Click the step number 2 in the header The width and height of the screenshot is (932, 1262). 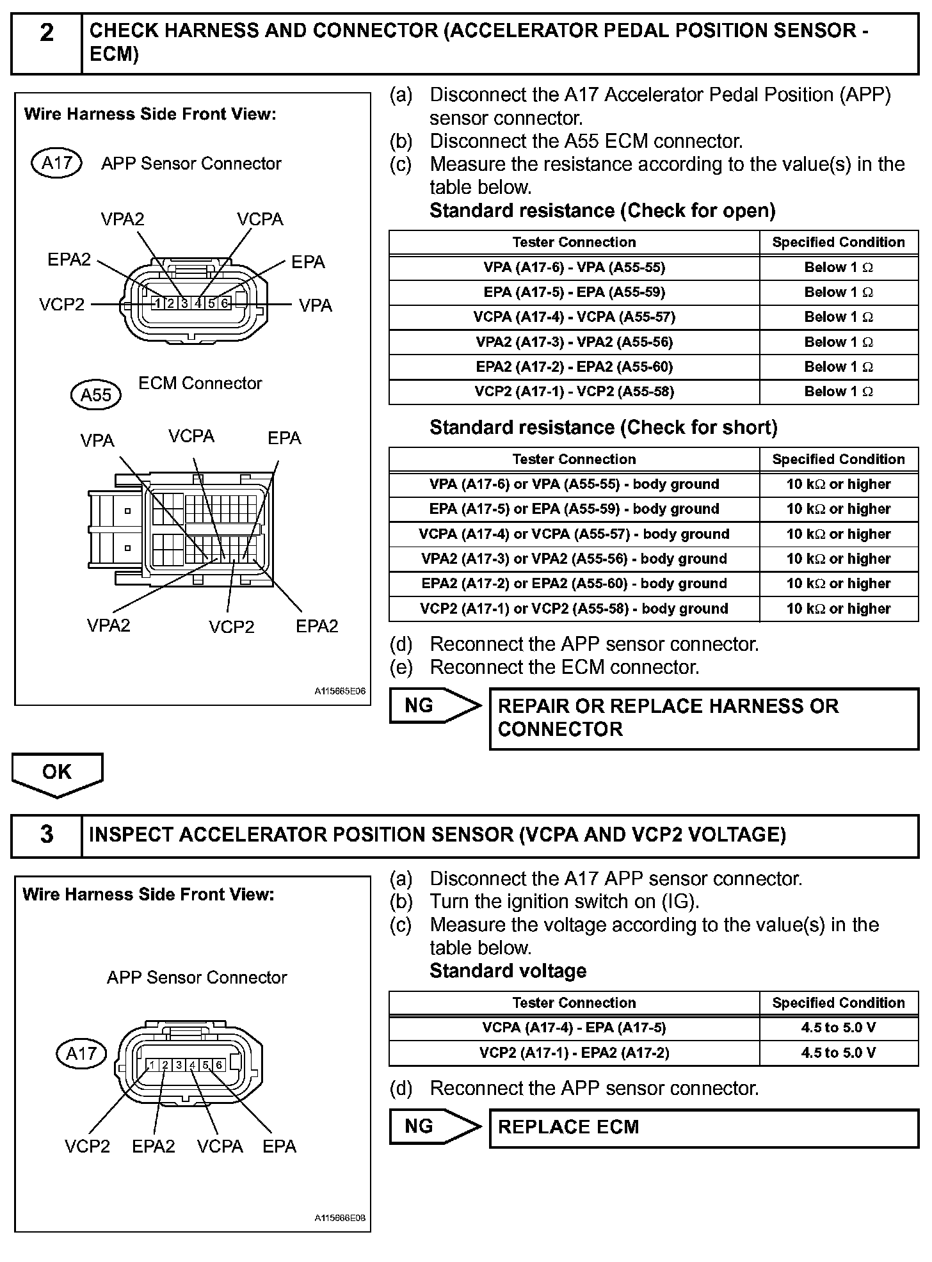tap(47, 33)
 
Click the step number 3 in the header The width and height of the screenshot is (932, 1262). tap(47, 835)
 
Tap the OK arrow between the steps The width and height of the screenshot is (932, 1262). tap(57, 773)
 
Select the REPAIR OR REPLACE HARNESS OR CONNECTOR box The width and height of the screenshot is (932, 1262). tap(703, 718)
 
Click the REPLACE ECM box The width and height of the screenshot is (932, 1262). tap(703, 1127)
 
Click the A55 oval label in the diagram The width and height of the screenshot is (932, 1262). tap(95, 395)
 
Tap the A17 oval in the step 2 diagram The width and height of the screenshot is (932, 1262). tap(56, 163)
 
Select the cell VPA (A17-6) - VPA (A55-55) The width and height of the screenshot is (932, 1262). tap(574, 268)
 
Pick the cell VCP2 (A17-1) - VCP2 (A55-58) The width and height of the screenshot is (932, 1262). tap(574, 392)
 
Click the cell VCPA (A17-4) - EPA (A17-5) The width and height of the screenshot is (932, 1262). tap(574, 1028)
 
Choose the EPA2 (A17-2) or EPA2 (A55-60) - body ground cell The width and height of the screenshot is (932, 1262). tap(574, 584)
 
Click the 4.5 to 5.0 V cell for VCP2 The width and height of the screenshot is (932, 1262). tap(838, 1053)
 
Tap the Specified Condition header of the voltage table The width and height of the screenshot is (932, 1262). tap(838, 1003)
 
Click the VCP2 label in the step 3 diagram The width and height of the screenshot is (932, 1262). tap(87, 1146)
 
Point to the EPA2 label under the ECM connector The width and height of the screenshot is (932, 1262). tap(317, 626)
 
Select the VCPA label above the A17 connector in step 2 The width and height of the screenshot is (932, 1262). tap(260, 220)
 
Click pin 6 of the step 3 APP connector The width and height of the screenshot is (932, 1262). tap(219, 1065)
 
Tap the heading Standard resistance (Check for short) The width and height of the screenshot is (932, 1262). tap(603, 427)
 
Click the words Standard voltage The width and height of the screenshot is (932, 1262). tap(508, 971)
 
